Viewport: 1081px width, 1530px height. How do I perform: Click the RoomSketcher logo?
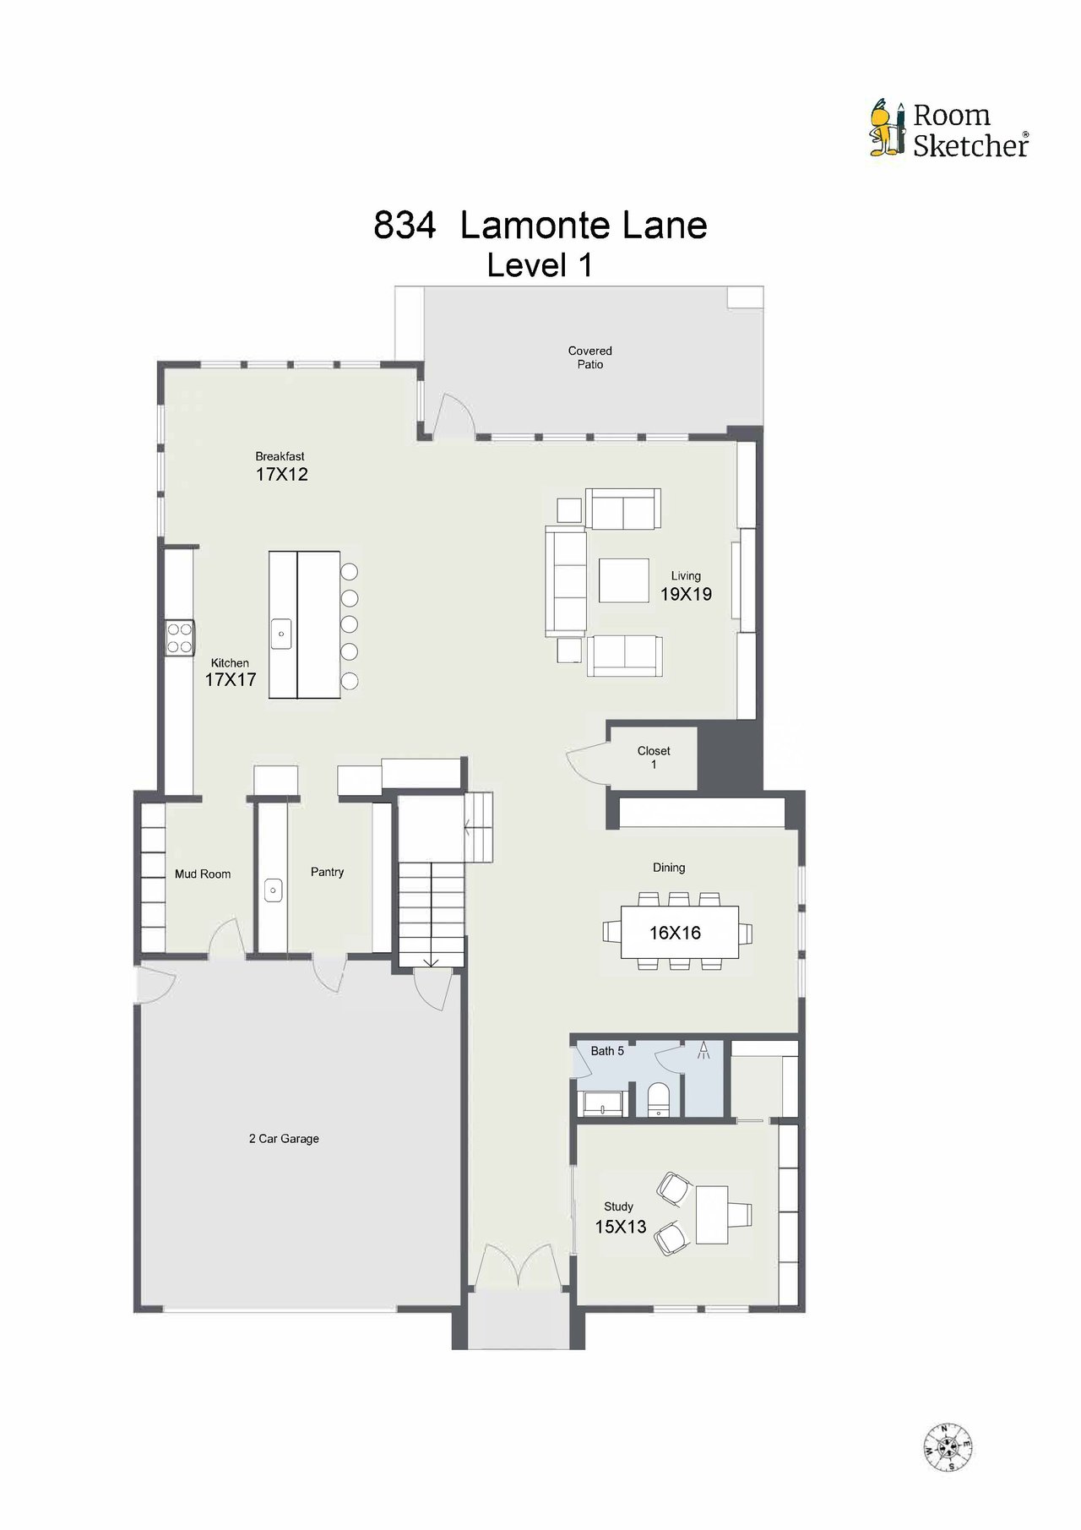coord(949,129)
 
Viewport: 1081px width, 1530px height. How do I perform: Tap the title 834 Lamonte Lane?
coord(540,225)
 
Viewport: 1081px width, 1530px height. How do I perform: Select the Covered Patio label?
coord(590,357)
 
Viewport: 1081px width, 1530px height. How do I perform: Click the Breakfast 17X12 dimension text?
coord(281,474)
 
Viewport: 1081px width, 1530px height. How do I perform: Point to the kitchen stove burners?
coord(179,637)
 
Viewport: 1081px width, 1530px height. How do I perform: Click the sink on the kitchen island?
coord(281,634)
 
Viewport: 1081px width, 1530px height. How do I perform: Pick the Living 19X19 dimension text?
coord(686,594)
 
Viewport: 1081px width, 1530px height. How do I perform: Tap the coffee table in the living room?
coord(624,580)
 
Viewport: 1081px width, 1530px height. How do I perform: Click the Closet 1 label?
coord(654,757)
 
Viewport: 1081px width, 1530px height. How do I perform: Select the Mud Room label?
coord(203,874)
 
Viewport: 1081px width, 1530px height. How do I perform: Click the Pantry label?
coord(327,872)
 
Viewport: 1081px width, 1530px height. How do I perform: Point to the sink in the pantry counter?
coord(273,890)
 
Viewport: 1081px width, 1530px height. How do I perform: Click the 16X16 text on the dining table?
coord(675,933)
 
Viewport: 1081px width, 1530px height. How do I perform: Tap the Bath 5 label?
coord(607,1051)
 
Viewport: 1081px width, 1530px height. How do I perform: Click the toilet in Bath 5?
coord(658,1100)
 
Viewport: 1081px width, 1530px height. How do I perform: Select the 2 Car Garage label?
coord(284,1139)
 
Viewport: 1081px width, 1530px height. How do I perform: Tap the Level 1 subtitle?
coord(540,266)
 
